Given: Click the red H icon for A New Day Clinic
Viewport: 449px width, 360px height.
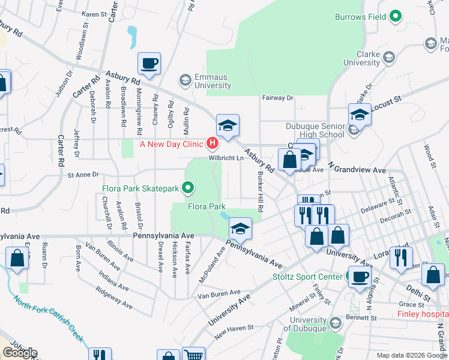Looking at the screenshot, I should [212, 143].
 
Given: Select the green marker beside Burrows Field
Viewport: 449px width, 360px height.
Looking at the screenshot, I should [395, 17].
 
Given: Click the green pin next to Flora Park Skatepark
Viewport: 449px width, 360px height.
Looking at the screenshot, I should [188, 188].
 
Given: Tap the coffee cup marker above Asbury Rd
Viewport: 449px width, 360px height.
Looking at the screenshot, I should [149, 63].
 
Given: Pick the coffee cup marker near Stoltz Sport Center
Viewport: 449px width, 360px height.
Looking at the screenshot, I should [360, 277].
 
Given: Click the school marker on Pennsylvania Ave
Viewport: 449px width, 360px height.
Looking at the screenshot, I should [240, 229].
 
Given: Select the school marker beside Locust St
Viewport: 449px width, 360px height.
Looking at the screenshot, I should [360, 115].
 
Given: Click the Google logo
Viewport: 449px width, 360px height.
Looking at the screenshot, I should [19, 352].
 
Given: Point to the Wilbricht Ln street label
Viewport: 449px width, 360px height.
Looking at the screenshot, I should [226, 158].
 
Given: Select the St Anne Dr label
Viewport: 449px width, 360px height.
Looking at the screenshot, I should [83, 175].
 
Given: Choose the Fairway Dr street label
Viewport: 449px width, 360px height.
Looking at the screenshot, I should [277, 98].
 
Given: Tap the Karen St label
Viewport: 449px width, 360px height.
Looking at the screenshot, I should [94, 13].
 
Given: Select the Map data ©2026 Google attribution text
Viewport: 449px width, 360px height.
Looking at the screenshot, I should [412, 355].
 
